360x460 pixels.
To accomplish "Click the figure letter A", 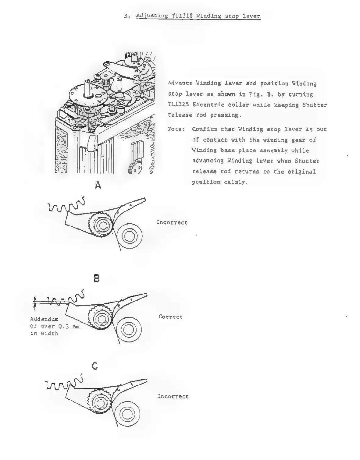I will (98, 185).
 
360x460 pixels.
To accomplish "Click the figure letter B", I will (97, 278).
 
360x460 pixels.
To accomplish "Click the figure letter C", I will (95, 366).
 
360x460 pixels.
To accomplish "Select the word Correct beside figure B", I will (171, 317).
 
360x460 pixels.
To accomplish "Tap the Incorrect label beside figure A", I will (172, 222).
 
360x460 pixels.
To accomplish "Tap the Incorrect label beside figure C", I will (173, 396).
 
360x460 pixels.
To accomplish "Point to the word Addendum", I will (44, 319).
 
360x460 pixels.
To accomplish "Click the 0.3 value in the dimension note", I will (62, 326).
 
